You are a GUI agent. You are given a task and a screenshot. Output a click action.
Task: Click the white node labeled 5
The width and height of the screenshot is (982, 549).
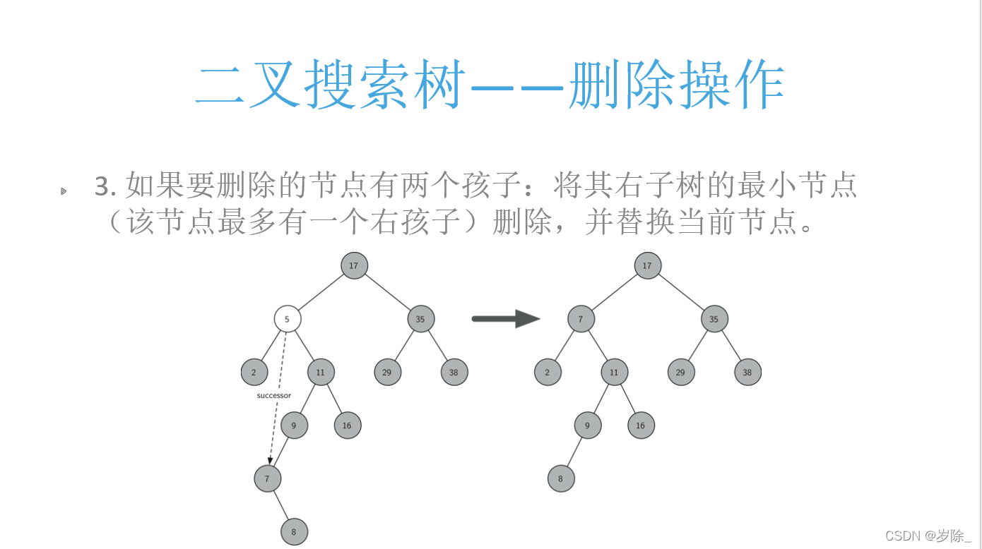click(x=288, y=319)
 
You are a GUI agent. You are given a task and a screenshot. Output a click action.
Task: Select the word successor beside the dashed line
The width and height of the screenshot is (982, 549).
click(x=273, y=396)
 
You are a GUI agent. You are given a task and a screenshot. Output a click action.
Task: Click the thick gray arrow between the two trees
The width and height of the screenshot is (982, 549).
click(x=505, y=319)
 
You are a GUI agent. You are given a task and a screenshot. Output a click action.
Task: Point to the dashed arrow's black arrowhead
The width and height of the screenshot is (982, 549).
click(x=270, y=461)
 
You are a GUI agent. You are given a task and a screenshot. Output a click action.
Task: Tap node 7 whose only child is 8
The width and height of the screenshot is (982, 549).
click(x=267, y=478)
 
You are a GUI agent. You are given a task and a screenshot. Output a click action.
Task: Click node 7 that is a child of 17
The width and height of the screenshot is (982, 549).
click(x=581, y=319)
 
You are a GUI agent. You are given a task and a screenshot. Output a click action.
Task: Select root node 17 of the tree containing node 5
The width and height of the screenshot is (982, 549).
click(x=354, y=266)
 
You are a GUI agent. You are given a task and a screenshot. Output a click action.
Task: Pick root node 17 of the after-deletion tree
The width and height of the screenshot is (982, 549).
click(x=647, y=266)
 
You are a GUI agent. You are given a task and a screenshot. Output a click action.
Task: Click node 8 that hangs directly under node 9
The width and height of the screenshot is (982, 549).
click(x=561, y=478)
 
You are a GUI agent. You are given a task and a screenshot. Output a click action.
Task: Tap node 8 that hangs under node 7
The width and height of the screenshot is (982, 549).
click(x=294, y=531)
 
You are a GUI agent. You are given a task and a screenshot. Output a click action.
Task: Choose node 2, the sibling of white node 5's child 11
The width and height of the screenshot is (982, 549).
click(x=254, y=372)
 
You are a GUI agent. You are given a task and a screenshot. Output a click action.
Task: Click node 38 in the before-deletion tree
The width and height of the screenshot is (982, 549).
click(x=454, y=372)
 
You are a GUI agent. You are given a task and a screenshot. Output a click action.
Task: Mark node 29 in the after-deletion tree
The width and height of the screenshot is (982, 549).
click(x=681, y=372)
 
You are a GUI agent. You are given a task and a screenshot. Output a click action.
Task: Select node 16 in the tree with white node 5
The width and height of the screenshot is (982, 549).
click(x=347, y=426)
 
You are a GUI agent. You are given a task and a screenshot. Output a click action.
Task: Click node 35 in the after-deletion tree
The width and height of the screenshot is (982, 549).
click(x=714, y=319)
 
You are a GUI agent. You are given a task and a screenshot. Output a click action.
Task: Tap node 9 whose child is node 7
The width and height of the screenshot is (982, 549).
click(x=294, y=426)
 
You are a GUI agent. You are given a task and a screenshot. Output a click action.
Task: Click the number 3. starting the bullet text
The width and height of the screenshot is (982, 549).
click(x=105, y=187)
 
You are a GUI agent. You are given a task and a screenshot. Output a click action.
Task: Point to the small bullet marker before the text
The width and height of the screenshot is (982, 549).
click(x=64, y=191)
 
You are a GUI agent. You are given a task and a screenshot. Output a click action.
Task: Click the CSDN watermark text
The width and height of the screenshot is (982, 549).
click(x=928, y=536)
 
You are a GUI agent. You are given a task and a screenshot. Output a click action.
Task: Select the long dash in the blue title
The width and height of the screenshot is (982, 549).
click(x=516, y=88)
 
